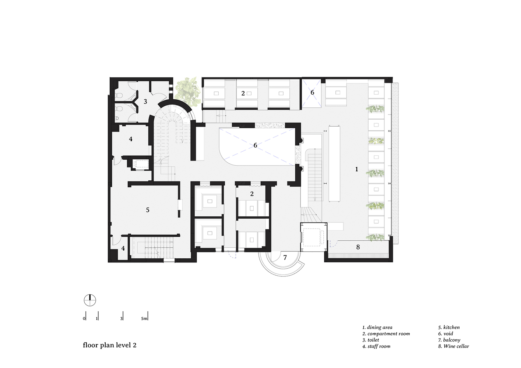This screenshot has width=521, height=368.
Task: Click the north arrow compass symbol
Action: click(x=90, y=300)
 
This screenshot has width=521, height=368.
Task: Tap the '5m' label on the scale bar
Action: click(x=144, y=318)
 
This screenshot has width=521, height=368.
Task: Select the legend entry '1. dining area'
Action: click(x=377, y=327)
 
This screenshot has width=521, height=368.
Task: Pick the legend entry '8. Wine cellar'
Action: click(x=454, y=346)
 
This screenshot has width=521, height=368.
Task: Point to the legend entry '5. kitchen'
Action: click(x=449, y=327)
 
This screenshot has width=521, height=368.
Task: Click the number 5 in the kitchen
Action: click(x=148, y=210)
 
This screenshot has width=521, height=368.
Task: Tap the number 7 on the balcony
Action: click(x=285, y=258)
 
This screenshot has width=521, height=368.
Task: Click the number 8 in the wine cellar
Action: click(x=358, y=247)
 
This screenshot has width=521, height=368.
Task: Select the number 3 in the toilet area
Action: click(x=145, y=101)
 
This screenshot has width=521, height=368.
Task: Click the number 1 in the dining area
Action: click(x=356, y=169)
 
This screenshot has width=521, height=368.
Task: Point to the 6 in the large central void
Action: click(x=255, y=145)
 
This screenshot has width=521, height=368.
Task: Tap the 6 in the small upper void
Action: click(x=312, y=92)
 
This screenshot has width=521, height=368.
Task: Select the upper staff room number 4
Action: click(x=131, y=139)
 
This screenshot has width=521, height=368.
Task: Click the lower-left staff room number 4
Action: click(x=123, y=248)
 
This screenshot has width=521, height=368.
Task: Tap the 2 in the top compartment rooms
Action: click(x=243, y=93)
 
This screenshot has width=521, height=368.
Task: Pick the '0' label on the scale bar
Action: click(x=84, y=318)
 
